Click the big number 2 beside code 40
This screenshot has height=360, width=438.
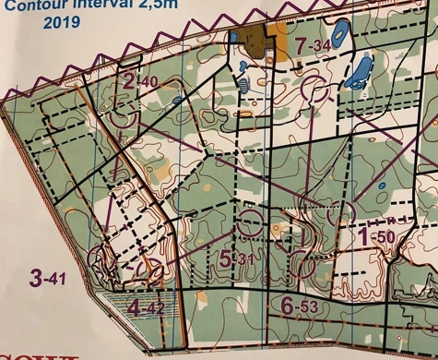[x=128, y=82]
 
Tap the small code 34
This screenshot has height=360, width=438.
[x=322, y=46]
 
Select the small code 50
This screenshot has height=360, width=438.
[x=386, y=239]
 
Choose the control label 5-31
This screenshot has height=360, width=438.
[x=235, y=258]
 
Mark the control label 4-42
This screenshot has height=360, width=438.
[x=148, y=306]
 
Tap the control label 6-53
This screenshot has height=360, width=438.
[x=300, y=306]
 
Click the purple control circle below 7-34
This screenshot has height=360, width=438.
[x=314, y=90]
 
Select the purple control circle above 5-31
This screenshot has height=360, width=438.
[x=250, y=223]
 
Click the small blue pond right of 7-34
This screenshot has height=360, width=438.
[x=339, y=39]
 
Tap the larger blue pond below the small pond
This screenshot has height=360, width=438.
[x=358, y=73]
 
